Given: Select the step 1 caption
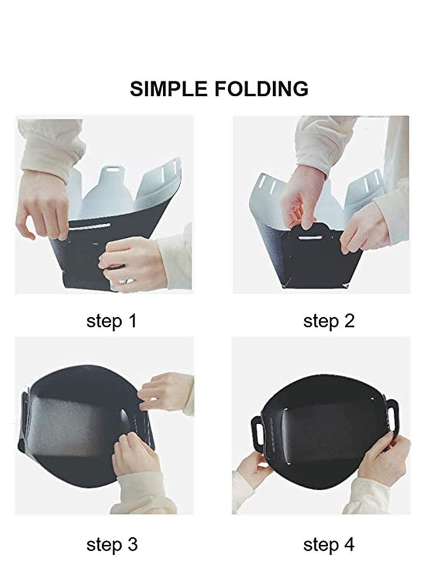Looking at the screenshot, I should pyautogui.click(x=112, y=321).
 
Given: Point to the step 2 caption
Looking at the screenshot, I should pyautogui.click(x=329, y=321).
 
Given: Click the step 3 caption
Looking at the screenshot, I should pyautogui.click(x=112, y=545).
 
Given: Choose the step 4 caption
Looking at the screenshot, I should pyautogui.click(x=329, y=545).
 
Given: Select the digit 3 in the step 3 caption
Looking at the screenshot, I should pyautogui.click(x=132, y=545).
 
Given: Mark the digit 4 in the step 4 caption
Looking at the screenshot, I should pyautogui.click(x=349, y=545).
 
